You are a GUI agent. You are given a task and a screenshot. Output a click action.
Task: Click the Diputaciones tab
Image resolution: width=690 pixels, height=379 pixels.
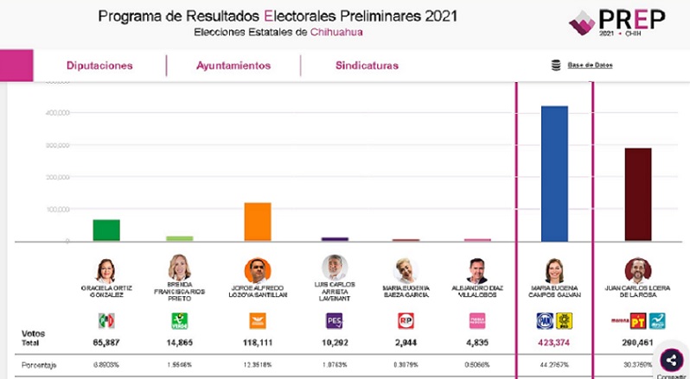point(99,66)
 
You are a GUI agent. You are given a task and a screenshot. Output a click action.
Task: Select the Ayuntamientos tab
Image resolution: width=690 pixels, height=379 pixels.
point(233,66)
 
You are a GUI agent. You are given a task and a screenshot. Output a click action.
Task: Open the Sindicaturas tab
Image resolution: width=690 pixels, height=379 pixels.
point(367,66)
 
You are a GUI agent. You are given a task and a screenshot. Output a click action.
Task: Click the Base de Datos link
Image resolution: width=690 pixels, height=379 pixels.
point(590,66)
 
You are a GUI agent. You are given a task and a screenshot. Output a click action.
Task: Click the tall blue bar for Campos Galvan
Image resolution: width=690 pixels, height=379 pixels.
point(554,174)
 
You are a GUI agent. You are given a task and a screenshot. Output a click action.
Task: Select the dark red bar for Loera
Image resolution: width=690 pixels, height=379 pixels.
point(638,194)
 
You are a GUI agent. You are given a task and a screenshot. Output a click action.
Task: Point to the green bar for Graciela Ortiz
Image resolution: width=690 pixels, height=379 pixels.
point(106,231)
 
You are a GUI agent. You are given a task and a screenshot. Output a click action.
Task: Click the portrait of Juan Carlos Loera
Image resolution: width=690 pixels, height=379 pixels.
point(637,269)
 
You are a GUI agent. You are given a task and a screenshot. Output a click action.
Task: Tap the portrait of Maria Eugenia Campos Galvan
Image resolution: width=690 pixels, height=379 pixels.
point(553,269)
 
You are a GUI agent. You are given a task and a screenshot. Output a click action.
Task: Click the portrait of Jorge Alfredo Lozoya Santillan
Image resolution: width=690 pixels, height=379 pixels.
point(257,269)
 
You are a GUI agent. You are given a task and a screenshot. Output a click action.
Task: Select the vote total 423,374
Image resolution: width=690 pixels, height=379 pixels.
point(553,342)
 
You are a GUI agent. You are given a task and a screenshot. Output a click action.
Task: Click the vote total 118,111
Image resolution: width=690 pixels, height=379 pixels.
point(257,342)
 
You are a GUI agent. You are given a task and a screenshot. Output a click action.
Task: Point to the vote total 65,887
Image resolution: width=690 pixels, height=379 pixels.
point(105,342)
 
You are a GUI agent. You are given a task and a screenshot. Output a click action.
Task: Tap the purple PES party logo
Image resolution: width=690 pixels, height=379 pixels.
point(334,321)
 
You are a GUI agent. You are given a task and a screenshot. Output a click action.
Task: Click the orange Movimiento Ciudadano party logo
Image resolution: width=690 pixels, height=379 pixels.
point(257,321)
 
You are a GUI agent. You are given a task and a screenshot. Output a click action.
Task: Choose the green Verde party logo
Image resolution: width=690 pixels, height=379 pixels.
point(180,321)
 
